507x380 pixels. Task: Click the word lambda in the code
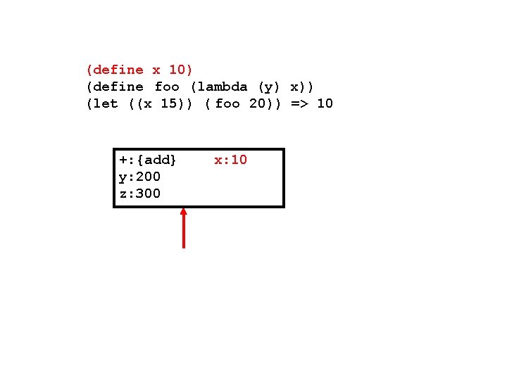(x=222, y=87)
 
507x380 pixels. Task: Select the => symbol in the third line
(x=299, y=103)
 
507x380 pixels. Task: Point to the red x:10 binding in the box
(x=231, y=160)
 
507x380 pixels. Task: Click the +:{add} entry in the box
(x=148, y=160)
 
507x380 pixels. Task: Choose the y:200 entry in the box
(x=139, y=177)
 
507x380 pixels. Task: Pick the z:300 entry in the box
(x=139, y=194)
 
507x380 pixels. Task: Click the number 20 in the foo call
(x=256, y=103)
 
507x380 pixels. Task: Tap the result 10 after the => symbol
(x=325, y=103)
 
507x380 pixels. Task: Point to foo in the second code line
(x=167, y=87)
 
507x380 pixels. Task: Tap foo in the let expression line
(x=227, y=103)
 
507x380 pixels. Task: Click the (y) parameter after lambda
(x=269, y=87)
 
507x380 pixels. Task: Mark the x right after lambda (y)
(x=294, y=87)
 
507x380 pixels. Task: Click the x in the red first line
(x=156, y=70)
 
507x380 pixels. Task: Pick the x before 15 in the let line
(x=148, y=103)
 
